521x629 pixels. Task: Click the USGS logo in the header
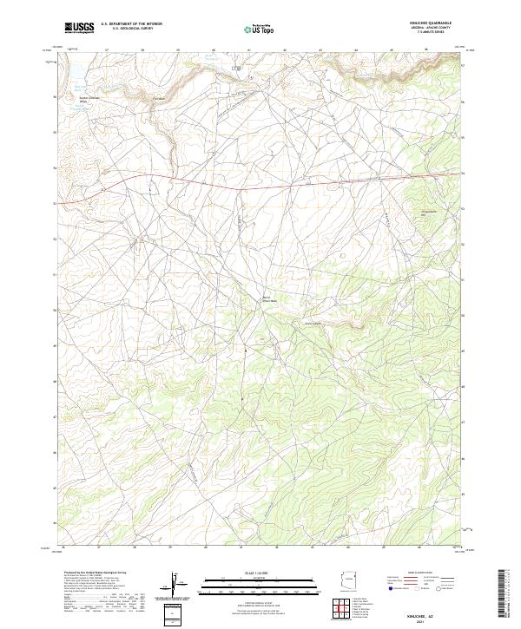pyautogui.click(x=80, y=28)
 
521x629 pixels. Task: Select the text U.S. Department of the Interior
pyautogui.click(x=131, y=24)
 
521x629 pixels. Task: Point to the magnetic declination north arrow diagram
pyautogui.click(x=176, y=585)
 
